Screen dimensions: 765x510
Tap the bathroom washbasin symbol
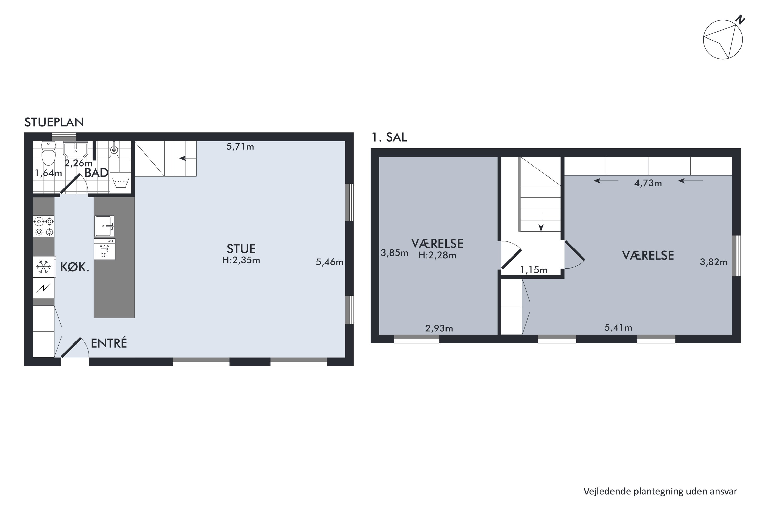75,150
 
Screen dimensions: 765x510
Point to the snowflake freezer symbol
43,267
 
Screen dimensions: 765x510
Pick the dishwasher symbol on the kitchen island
104,249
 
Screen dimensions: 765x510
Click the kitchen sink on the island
105,226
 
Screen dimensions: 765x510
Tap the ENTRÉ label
109,343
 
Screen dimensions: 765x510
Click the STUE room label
241,249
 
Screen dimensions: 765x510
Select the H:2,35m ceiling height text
241,260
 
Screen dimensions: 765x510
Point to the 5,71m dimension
240,147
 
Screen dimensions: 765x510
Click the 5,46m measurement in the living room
329,262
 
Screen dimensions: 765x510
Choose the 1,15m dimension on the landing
533,270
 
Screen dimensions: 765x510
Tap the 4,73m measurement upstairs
648,183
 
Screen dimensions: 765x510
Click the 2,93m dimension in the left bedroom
439,328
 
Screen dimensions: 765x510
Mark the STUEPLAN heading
54,122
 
